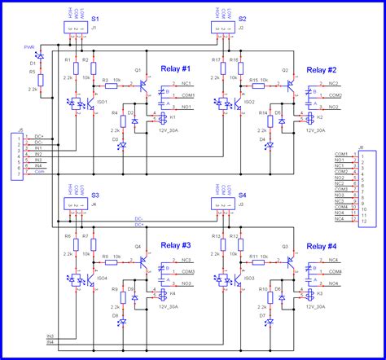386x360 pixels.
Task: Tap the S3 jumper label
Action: coord(95,195)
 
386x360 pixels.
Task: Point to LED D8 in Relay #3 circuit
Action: coord(122,321)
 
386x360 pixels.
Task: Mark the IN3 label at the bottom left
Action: coord(50,336)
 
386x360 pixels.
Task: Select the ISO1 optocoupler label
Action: coord(102,102)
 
